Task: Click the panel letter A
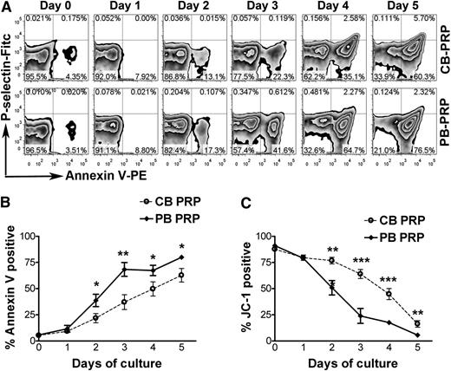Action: (x=6, y=7)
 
